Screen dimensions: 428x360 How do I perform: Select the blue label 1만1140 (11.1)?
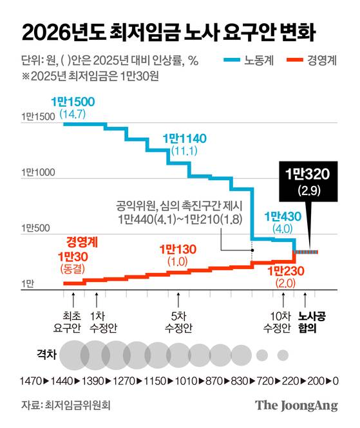(180, 144)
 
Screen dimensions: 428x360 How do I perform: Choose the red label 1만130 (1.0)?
(176, 254)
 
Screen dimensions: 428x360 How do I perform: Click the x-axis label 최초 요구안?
(73, 321)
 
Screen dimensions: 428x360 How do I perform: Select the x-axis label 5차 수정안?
(178, 321)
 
